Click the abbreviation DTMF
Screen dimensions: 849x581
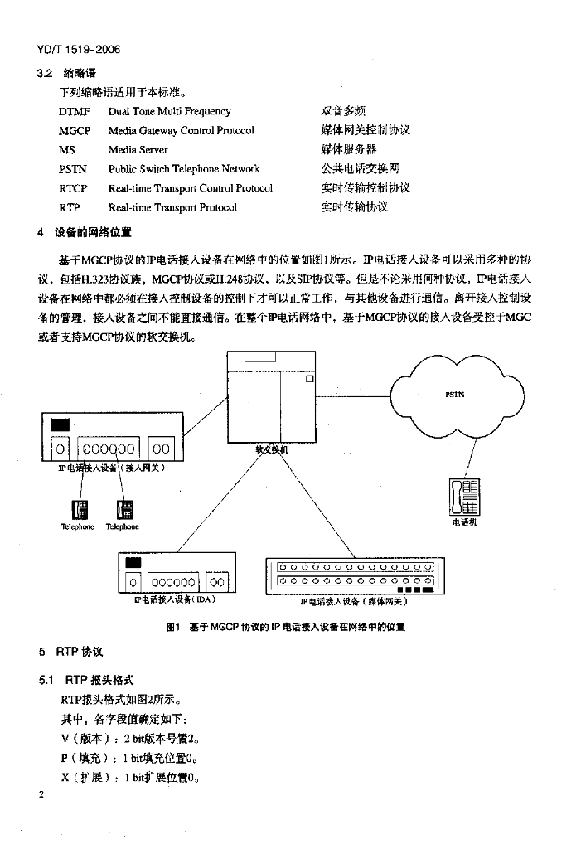pyautogui.click(x=75, y=111)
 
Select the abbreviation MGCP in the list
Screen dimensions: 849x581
pyautogui.click(x=75, y=130)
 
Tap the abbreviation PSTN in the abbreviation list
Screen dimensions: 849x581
pyautogui.click(x=73, y=169)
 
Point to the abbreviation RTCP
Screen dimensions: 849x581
pyautogui.click(x=73, y=188)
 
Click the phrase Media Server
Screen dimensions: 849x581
pyautogui.click(x=138, y=150)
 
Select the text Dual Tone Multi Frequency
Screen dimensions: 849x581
pyautogui.click(x=169, y=111)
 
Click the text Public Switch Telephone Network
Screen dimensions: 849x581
pyautogui.click(x=184, y=169)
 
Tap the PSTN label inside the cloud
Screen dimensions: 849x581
pyautogui.click(x=454, y=395)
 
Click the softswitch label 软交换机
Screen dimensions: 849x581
pyautogui.click(x=271, y=449)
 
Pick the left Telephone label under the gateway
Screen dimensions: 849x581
pyautogui.click(x=77, y=526)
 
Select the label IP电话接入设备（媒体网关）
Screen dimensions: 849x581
pyautogui.click(x=354, y=601)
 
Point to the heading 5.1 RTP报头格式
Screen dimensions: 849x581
pyautogui.click(x=86, y=679)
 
